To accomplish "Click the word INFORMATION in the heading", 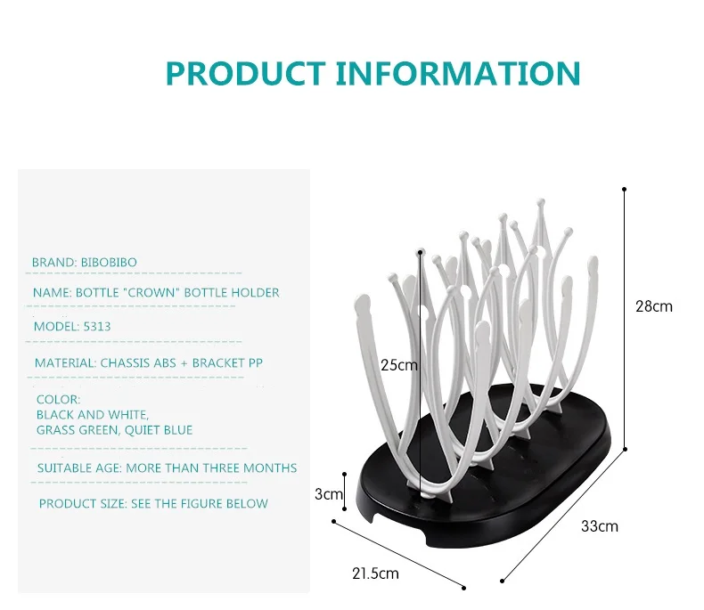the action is click(x=458, y=73).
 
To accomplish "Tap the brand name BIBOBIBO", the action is click(x=109, y=262).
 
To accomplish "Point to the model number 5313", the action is click(x=96, y=326).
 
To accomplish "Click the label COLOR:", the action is click(x=59, y=400).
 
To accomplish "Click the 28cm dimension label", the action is click(x=653, y=306).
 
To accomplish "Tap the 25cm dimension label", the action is click(x=398, y=364).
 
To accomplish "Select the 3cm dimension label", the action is click(x=329, y=493).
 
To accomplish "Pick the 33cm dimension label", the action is click(x=599, y=526).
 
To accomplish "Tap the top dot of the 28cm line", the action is click(x=624, y=189).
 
